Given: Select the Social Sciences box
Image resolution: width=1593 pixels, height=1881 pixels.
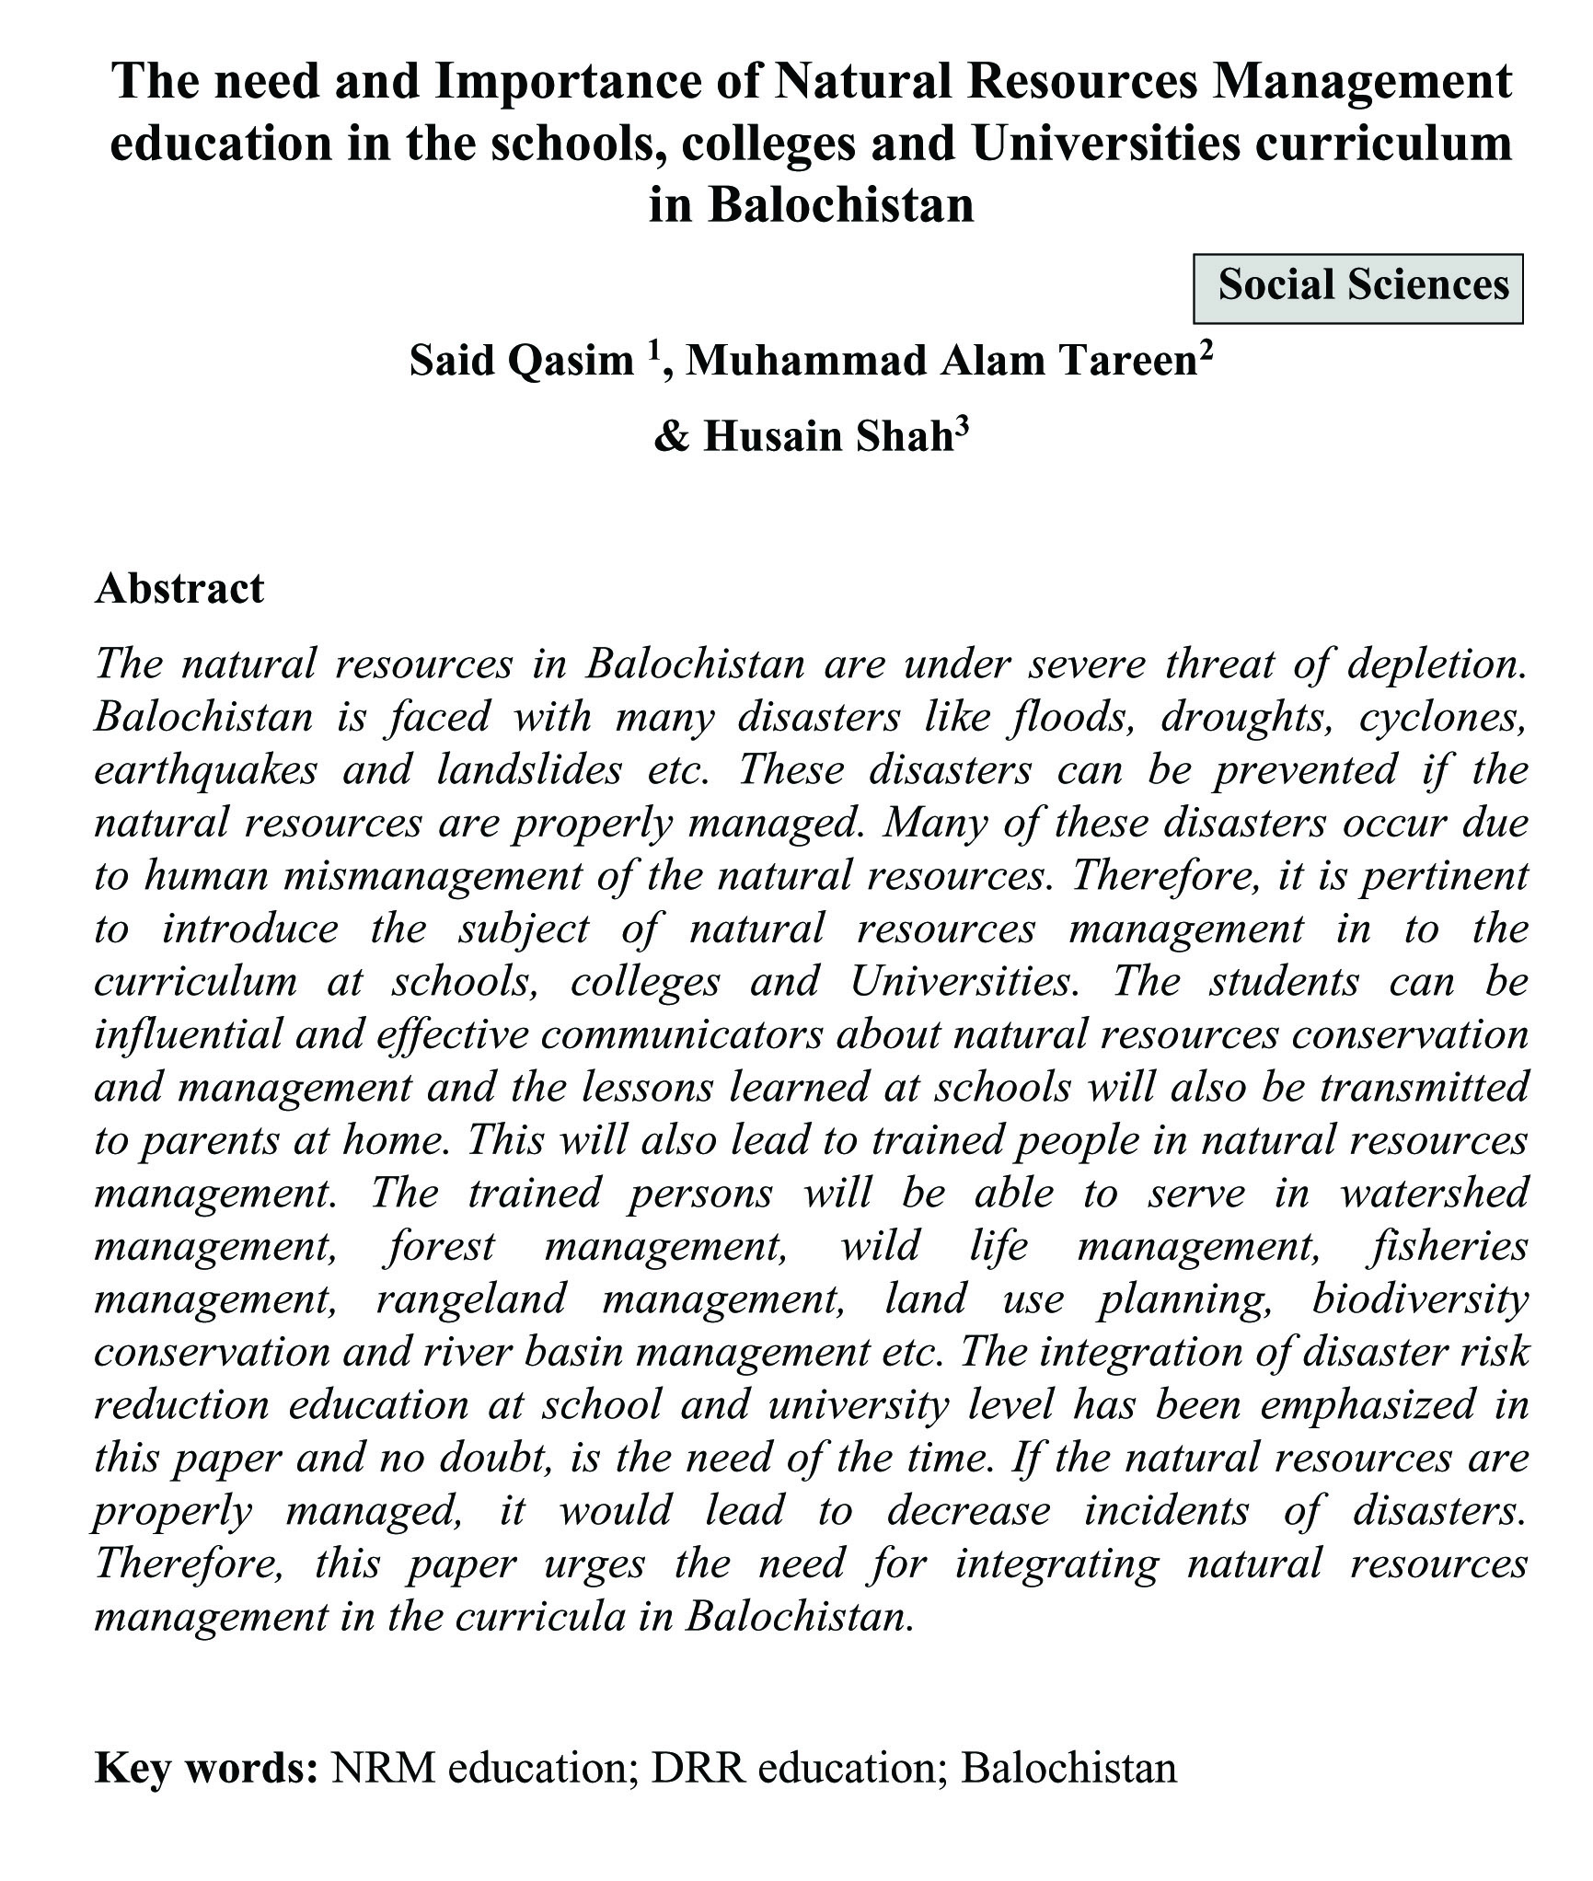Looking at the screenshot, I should point(1357,288).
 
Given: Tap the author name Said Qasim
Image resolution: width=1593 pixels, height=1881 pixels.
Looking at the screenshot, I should point(521,361).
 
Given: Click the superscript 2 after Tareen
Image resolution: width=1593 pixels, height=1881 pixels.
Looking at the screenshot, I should point(1206,350).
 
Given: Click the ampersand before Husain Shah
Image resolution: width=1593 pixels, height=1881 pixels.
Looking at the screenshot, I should point(671,437).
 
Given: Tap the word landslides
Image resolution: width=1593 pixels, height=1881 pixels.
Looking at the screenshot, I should point(529,769).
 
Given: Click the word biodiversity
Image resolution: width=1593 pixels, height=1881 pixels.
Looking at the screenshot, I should point(1421,1299).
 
